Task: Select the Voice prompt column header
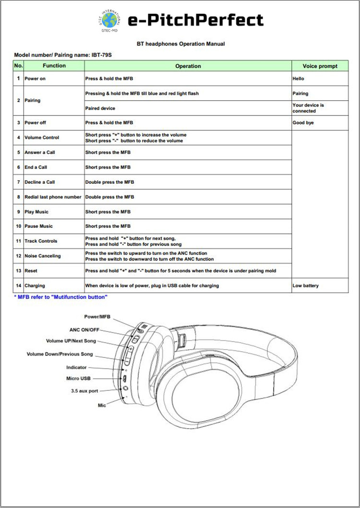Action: coord(320,66)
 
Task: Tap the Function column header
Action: coord(54,66)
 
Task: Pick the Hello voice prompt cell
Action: coord(298,79)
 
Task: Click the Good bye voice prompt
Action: coord(303,123)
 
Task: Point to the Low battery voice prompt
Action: coord(305,286)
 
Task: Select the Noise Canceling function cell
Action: coord(43,256)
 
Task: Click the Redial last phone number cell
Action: coord(53,197)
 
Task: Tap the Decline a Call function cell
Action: coord(40,182)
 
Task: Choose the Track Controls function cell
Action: coord(41,241)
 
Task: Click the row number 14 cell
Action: coord(18,286)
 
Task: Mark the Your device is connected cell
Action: coord(308,108)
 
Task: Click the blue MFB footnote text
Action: coord(61,297)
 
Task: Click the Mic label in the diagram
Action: coord(102,406)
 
